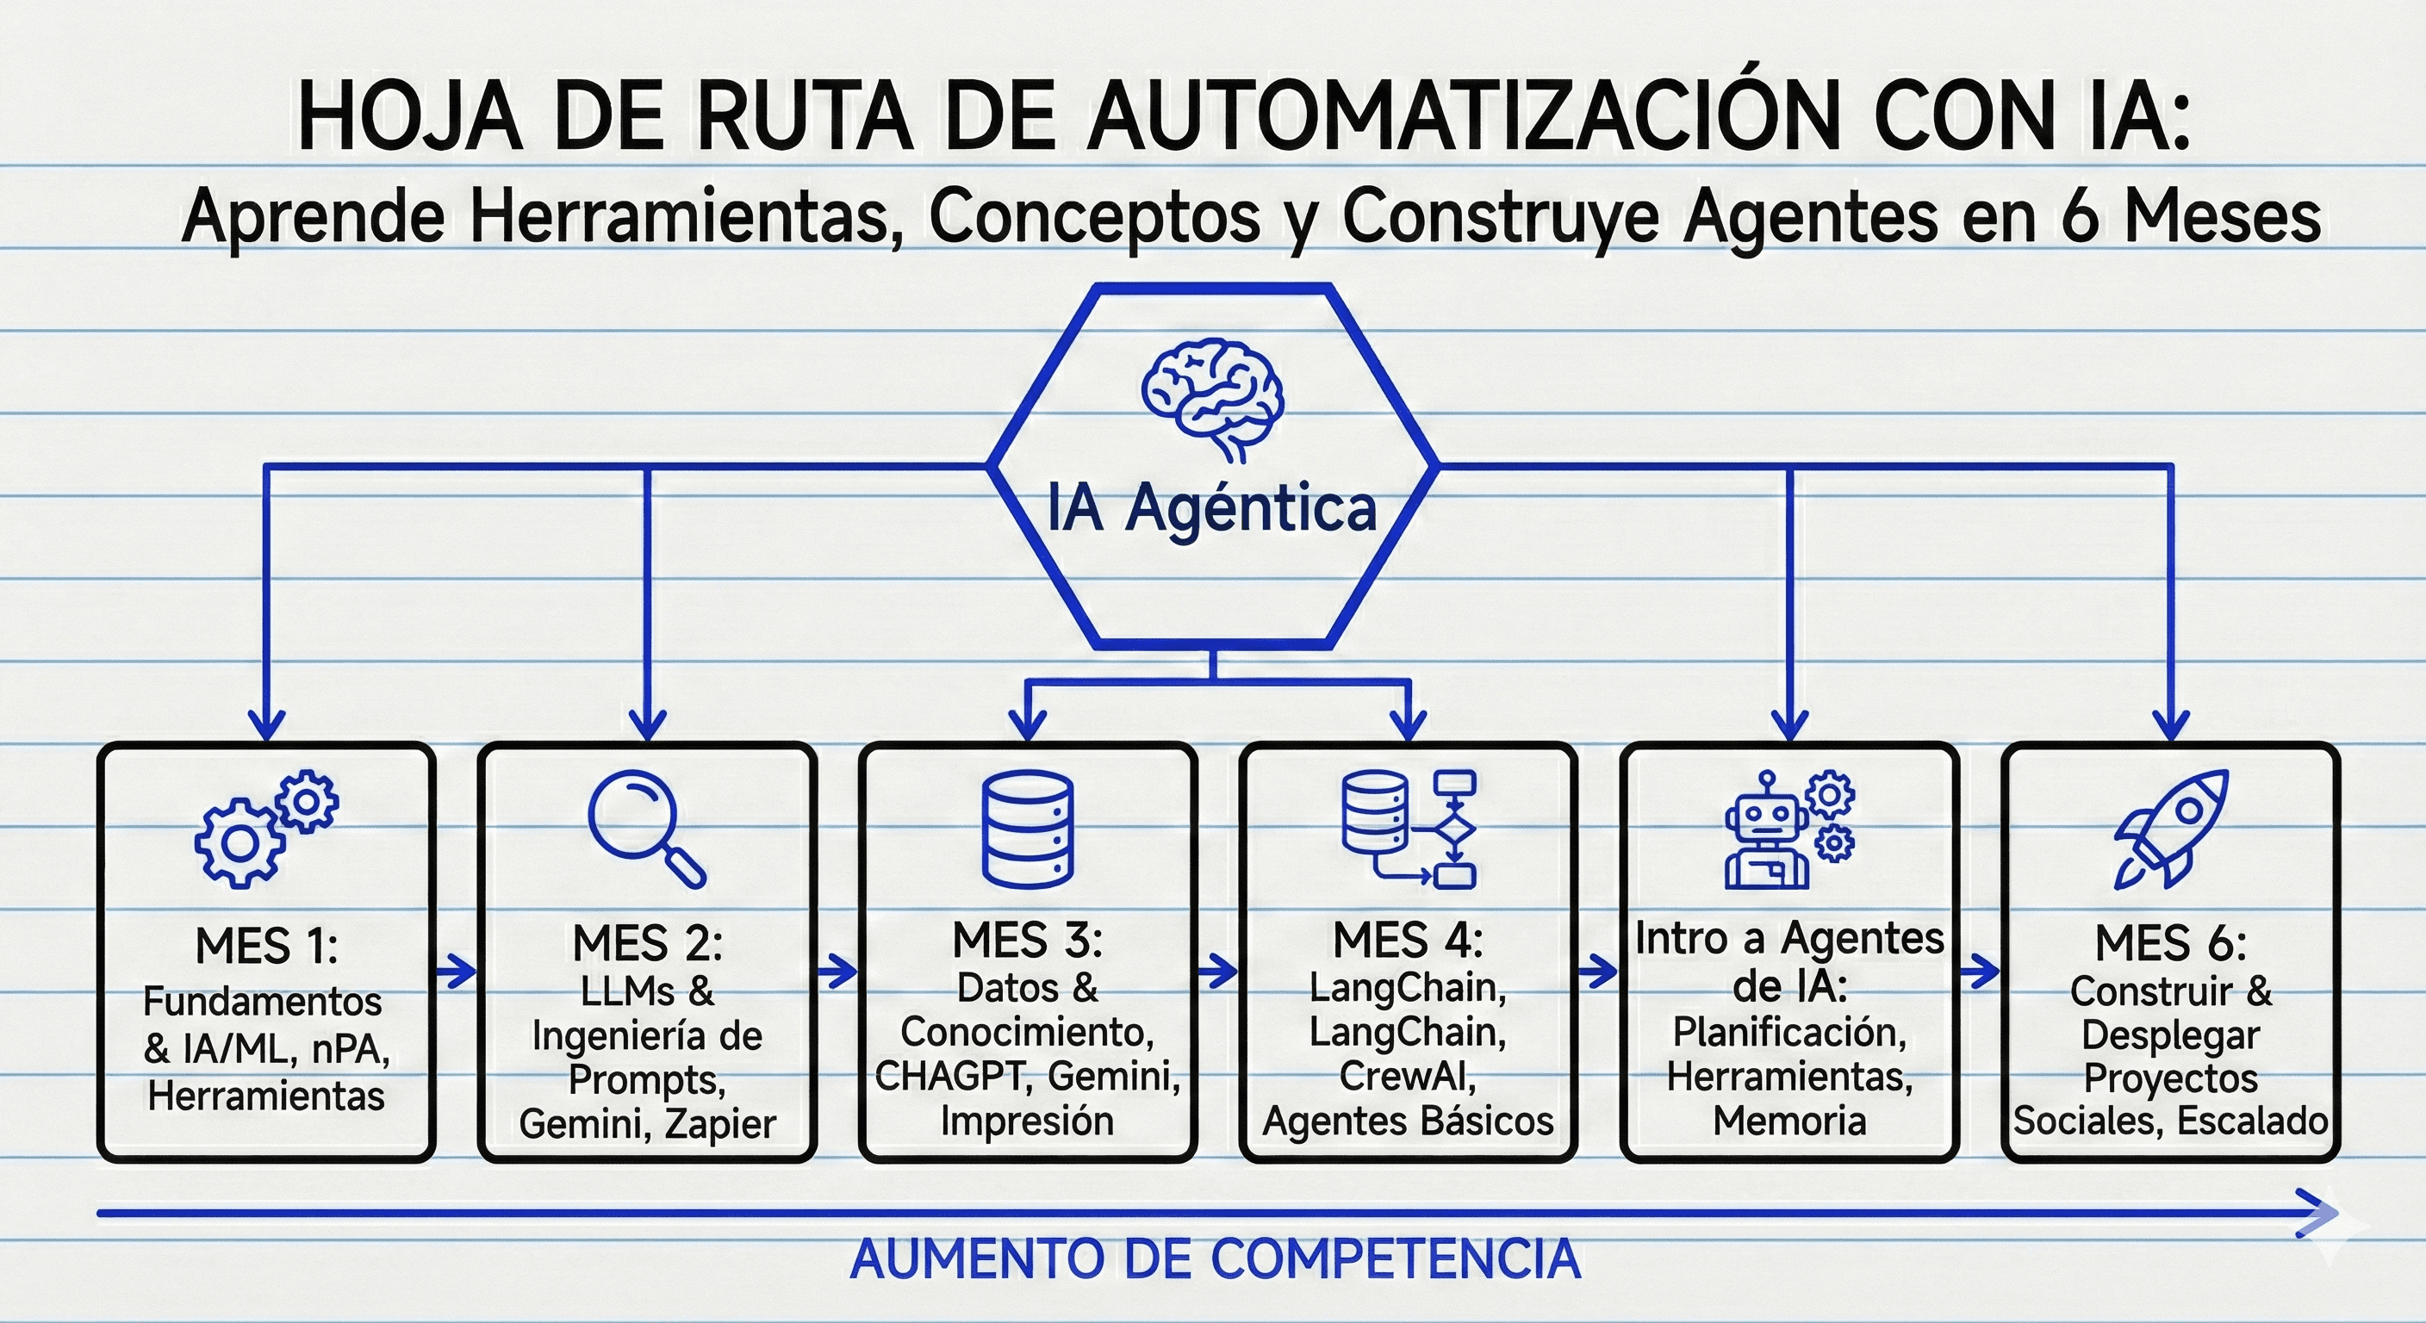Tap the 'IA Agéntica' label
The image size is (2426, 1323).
1212,508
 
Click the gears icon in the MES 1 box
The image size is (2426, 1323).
266,828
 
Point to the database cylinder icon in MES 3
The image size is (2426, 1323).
1027,829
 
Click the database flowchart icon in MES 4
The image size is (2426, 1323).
1408,829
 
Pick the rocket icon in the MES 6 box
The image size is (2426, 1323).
2171,829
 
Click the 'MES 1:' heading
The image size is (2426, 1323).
266,946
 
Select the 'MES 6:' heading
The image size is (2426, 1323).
2171,942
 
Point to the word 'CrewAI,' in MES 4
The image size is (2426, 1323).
1408,1075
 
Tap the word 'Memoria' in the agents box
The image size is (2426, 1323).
1789,1121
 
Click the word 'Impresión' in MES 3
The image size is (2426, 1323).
1028,1121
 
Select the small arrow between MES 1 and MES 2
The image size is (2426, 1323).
457,970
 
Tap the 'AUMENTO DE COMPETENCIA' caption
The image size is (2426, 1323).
1215,1259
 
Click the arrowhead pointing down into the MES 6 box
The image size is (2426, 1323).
2171,725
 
